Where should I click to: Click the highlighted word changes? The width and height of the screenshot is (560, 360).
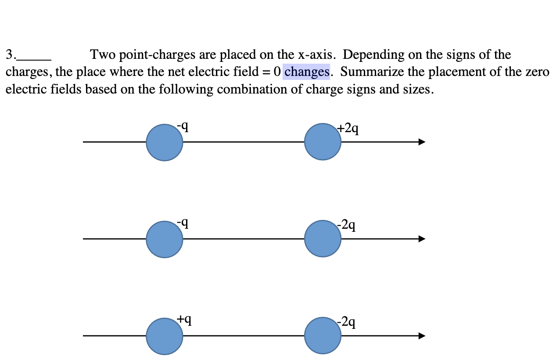[x=306, y=72]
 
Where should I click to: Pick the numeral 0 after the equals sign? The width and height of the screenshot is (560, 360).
[x=276, y=72]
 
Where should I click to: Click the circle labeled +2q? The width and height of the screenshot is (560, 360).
[x=323, y=142]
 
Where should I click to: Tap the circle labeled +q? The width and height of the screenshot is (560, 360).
[x=165, y=336]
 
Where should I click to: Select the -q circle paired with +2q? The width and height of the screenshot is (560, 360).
[x=165, y=142]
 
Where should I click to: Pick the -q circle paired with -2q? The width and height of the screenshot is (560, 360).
[x=165, y=239]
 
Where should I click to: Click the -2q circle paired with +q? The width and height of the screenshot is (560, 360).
[x=323, y=336]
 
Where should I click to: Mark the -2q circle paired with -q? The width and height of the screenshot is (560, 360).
[x=323, y=239]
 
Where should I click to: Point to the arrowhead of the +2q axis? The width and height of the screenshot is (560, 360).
[x=422, y=142]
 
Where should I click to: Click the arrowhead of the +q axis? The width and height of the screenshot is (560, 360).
[x=422, y=336]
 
